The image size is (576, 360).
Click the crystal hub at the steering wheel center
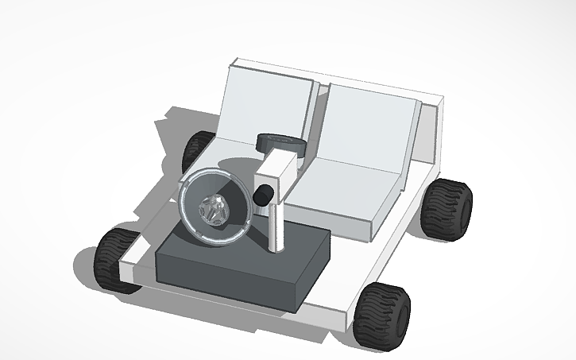215,211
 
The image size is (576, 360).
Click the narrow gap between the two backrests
315,119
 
